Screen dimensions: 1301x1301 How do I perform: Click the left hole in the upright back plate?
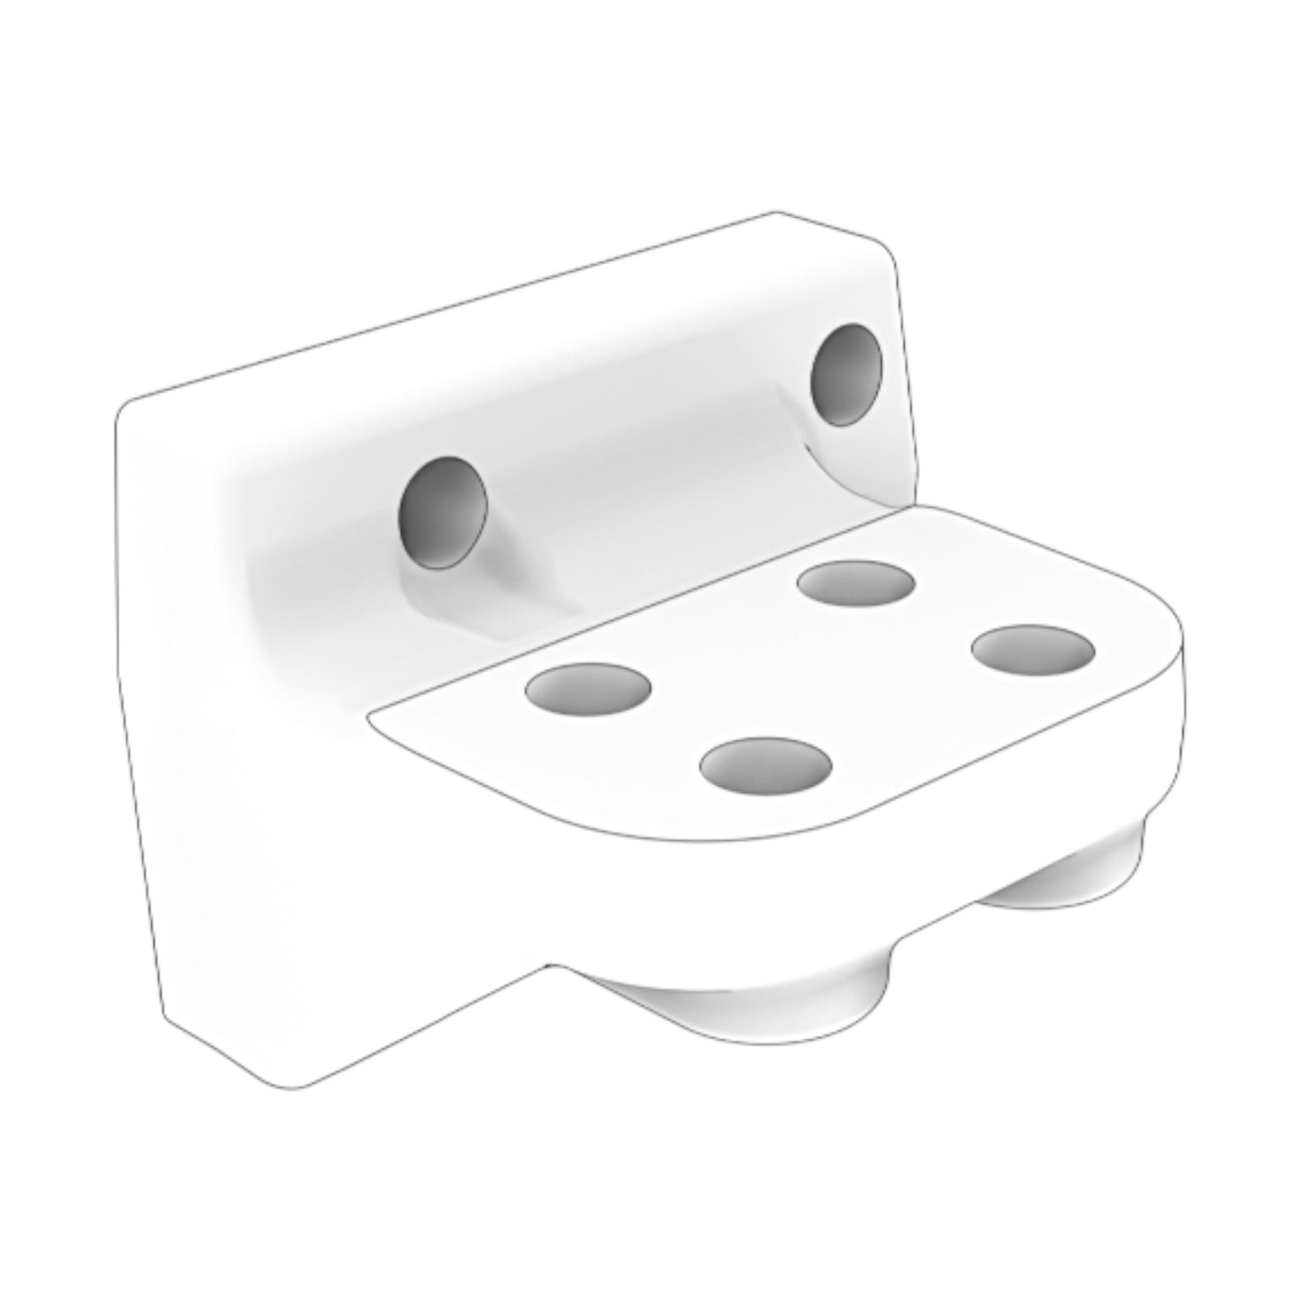pos(442,512)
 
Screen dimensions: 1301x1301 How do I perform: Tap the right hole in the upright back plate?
pos(846,374)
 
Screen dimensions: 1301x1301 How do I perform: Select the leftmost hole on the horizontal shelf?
pos(589,689)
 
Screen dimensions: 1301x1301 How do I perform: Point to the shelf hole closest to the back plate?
pos(856,583)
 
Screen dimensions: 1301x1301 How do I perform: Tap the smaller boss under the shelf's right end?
pos(1071,869)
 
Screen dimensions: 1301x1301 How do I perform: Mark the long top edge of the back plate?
pos(450,306)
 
